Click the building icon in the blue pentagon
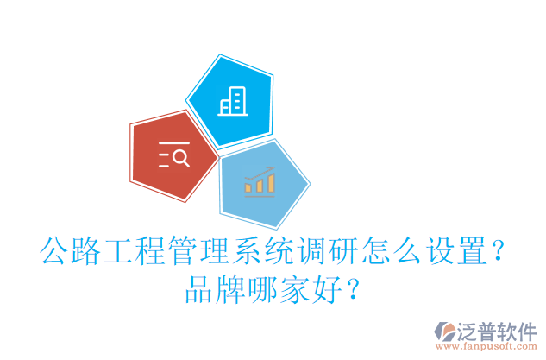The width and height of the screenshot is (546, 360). (230, 103)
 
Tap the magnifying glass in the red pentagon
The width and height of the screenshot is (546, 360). (180, 157)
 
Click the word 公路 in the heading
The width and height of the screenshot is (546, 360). (72, 251)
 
